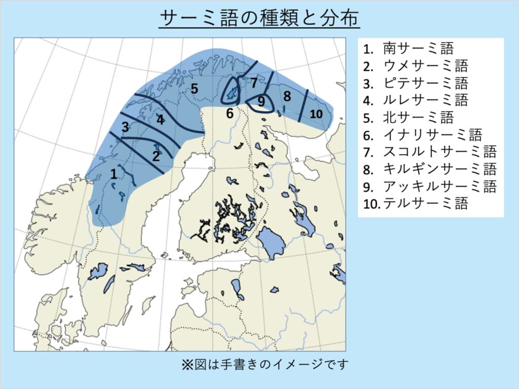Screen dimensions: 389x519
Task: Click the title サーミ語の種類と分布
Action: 259,19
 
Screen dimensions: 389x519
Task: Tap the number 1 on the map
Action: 114,174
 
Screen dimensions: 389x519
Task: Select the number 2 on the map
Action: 156,156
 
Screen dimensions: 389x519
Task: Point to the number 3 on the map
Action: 125,128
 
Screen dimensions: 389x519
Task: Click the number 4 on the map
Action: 160,120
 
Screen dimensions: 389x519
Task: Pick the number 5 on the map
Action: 194,89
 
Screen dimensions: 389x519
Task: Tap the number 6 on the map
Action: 230,113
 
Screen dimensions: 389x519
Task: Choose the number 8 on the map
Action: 287,96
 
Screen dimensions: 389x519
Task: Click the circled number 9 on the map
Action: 261,102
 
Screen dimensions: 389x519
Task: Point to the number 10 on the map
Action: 316,114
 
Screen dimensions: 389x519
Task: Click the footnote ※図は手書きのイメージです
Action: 265,364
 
